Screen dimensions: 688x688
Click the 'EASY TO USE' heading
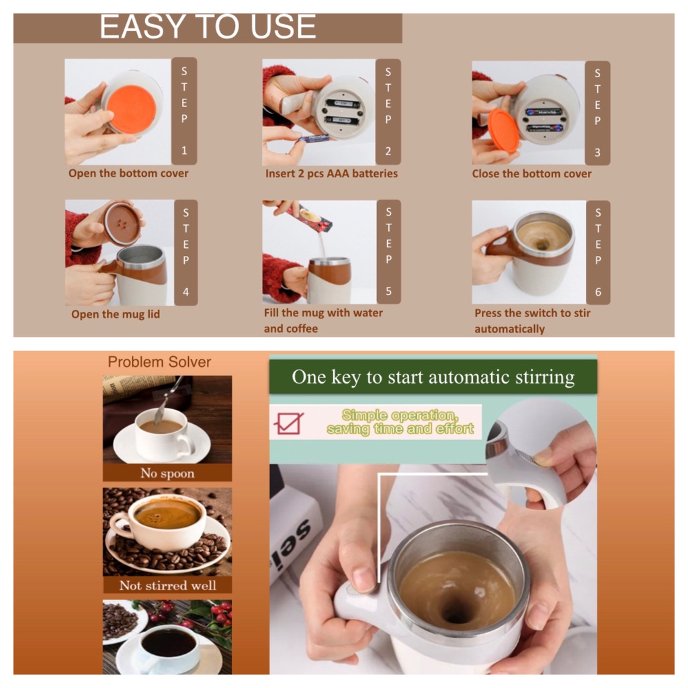click(208, 26)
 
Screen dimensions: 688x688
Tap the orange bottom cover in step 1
click(131, 110)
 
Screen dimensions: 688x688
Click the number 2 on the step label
click(388, 151)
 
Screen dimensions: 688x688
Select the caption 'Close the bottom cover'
click(531, 174)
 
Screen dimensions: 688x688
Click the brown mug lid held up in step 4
click(122, 223)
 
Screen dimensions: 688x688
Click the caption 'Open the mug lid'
click(116, 314)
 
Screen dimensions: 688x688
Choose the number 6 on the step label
click(597, 292)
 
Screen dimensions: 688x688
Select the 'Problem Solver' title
click(159, 362)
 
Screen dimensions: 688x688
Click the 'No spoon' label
click(167, 474)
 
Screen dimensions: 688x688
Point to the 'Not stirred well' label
click(167, 585)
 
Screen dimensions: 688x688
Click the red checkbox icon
click(288, 423)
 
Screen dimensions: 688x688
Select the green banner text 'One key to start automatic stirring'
click(433, 377)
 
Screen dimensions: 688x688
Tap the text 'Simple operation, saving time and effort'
click(400, 422)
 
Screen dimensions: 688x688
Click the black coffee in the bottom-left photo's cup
click(169, 643)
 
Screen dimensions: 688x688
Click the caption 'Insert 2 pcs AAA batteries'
click(331, 174)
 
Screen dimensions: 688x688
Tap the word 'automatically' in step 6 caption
click(509, 329)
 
